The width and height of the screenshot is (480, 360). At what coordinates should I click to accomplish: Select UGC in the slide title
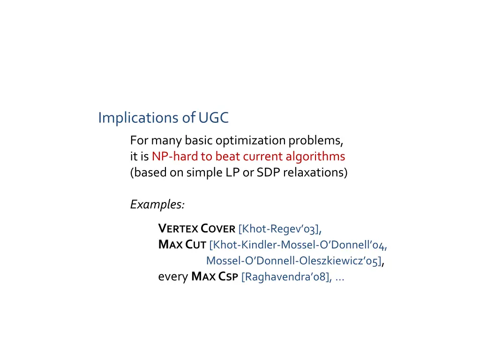(213, 118)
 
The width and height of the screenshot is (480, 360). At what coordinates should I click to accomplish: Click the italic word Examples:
(157, 204)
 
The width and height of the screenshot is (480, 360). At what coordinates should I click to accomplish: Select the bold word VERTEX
(179, 229)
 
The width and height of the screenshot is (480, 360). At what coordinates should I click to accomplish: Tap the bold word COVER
(218, 229)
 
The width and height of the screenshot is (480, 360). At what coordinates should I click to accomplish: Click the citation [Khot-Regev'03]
(279, 229)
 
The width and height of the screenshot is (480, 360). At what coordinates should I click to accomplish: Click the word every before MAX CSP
(173, 277)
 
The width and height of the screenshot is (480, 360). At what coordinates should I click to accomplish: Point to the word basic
(199, 140)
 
